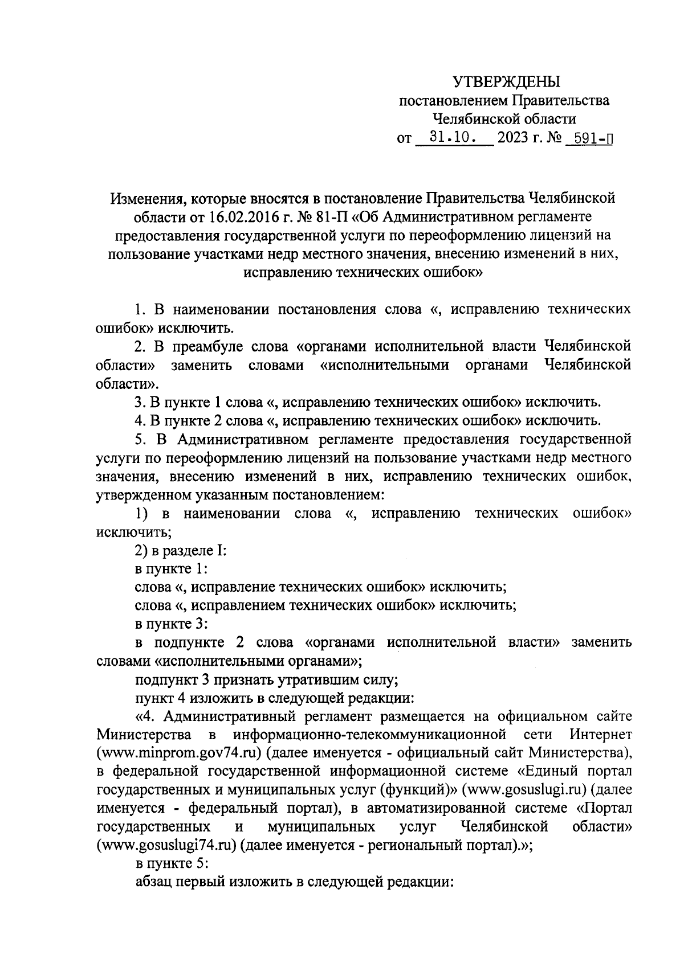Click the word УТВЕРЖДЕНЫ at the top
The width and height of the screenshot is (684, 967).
507,82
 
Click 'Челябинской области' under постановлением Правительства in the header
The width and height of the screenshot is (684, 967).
504,120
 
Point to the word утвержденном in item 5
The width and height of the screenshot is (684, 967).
139,495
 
